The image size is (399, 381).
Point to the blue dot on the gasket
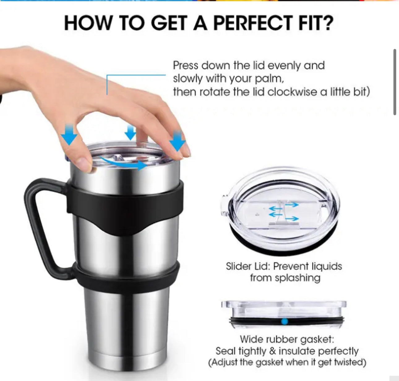pyautogui.click(x=284, y=322)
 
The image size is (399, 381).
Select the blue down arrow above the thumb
pyautogui.click(x=69, y=135)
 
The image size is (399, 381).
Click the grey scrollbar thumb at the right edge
pyautogui.click(x=395, y=82)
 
